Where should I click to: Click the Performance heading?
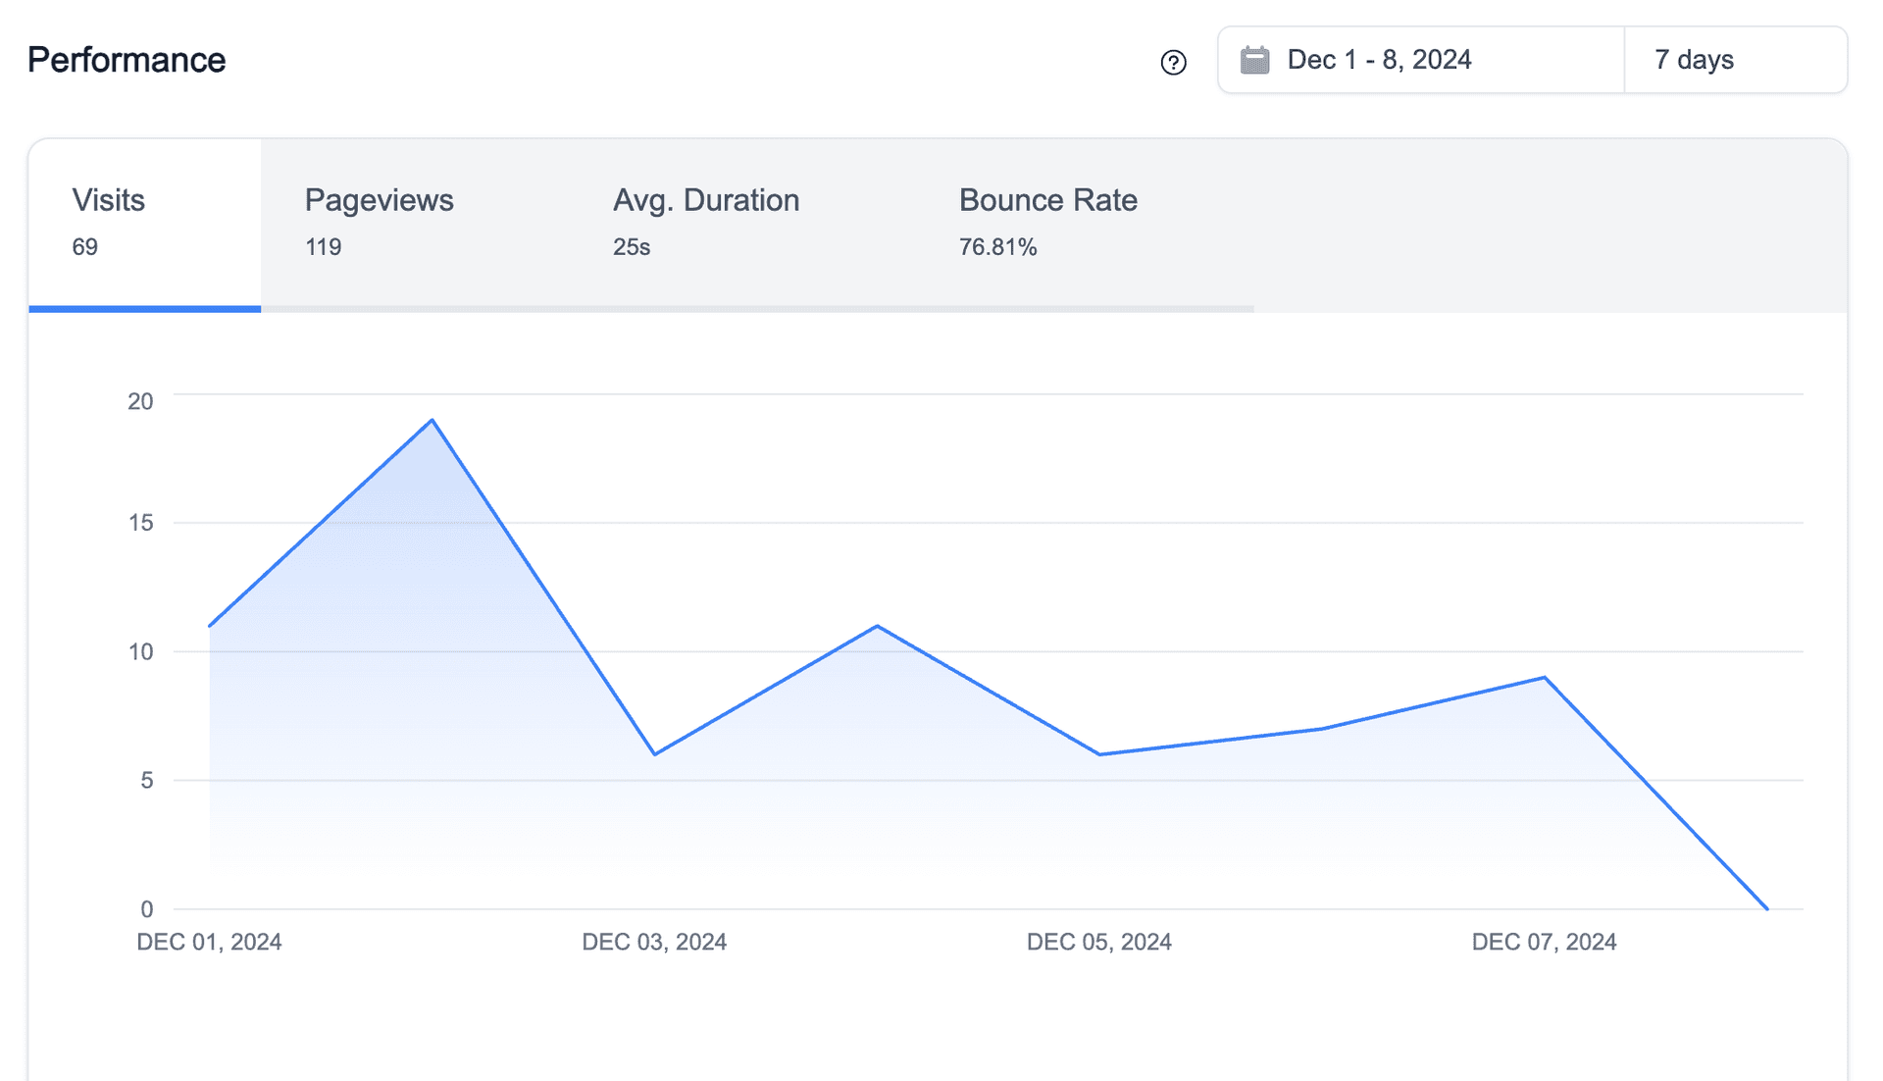click(x=127, y=60)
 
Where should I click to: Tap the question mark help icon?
click(x=1173, y=63)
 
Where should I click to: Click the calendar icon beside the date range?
click(x=1254, y=60)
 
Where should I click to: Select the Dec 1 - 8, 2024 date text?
click(x=1379, y=60)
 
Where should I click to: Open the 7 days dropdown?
click(x=1734, y=60)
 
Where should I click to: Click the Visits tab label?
click(x=108, y=200)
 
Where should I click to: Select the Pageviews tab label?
click(x=379, y=200)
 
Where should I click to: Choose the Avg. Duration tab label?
click(x=705, y=200)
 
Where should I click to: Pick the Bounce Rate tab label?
click(x=1047, y=200)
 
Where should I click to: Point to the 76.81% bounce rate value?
click(x=997, y=247)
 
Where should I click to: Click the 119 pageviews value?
click(x=323, y=247)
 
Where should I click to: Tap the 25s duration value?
click(x=631, y=247)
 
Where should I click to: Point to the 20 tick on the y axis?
click(x=140, y=401)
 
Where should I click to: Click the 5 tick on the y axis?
click(x=146, y=781)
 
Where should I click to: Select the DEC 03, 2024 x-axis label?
click(x=654, y=942)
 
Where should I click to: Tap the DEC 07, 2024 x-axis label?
click(x=1544, y=942)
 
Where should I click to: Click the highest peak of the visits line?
click(x=433, y=421)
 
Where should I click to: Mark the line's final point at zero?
click(x=1766, y=908)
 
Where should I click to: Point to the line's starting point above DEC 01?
click(x=210, y=626)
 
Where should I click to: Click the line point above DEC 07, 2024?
click(x=1544, y=677)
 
